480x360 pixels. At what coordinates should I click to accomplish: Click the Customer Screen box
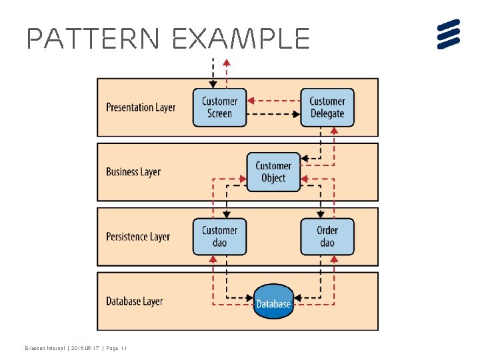click(x=219, y=107)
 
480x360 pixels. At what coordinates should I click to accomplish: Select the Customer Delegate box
click(x=327, y=107)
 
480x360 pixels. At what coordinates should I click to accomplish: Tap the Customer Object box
click(x=273, y=172)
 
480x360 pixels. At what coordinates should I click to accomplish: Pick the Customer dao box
click(x=219, y=237)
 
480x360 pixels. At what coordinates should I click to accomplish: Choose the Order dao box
click(x=327, y=237)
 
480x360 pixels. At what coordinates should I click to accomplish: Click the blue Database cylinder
click(x=273, y=302)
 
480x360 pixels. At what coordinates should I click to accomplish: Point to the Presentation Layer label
click(x=141, y=107)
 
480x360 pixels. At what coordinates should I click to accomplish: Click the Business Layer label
click(x=133, y=172)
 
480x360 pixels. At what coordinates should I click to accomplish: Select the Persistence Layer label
click(x=138, y=237)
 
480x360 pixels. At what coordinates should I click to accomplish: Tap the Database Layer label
click(x=134, y=301)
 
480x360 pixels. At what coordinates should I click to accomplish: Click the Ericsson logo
click(x=449, y=34)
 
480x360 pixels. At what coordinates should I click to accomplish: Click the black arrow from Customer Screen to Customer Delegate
click(x=273, y=114)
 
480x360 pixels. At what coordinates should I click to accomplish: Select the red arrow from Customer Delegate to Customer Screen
click(x=273, y=101)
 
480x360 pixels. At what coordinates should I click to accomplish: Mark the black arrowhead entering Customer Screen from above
click(x=213, y=84)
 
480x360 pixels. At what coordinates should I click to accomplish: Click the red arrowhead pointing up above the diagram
click(x=226, y=63)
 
